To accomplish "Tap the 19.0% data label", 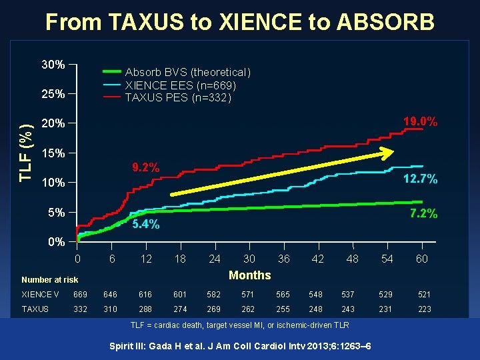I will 420,122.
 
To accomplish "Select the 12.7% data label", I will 420,179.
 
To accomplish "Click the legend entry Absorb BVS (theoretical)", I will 187,72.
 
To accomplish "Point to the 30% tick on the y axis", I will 53,65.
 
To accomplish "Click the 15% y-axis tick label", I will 53,153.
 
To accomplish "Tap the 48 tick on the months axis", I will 352,259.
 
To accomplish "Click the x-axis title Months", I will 249,275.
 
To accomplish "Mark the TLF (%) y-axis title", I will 25,153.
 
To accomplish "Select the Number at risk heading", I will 49,280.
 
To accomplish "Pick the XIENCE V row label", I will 40,294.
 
